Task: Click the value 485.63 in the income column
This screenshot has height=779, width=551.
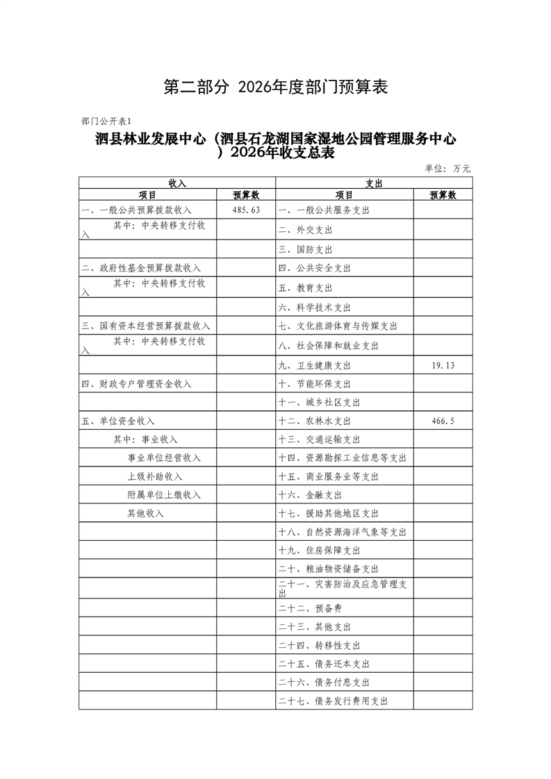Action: (x=246, y=210)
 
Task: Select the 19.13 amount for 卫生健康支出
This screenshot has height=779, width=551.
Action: (x=443, y=365)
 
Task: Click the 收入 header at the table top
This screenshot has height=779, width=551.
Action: (x=177, y=183)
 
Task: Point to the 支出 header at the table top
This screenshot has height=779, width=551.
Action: (x=374, y=183)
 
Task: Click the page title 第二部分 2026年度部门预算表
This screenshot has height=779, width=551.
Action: (x=275, y=87)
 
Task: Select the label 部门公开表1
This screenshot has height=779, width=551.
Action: (x=106, y=121)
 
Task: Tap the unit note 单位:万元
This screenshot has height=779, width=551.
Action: (x=447, y=168)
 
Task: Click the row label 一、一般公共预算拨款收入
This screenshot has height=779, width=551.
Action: (x=136, y=210)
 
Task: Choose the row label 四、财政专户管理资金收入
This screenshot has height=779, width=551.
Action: (x=136, y=384)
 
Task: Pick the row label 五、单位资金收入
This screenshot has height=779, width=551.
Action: (x=118, y=421)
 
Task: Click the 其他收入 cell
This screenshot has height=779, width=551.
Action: (x=145, y=513)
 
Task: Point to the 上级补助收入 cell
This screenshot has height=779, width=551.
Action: (x=154, y=476)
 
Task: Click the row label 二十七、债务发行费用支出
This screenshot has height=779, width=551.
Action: (x=334, y=701)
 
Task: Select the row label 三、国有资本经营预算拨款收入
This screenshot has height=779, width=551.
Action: (x=146, y=326)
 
